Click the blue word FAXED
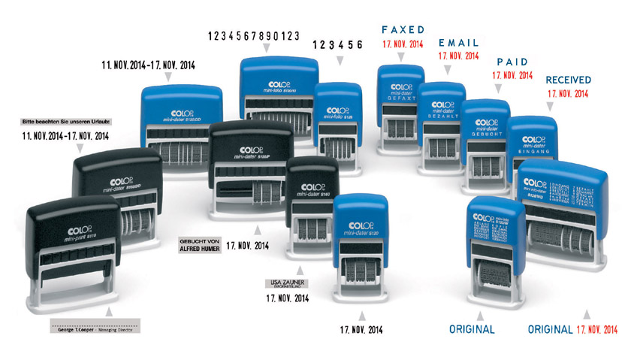[x=403, y=29]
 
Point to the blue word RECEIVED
[x=568, y=80]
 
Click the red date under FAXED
[x=403, y=44]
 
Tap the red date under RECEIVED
[x=568, y=93]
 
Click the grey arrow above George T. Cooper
[x=110, y=310]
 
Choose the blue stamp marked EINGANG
[x=533, y=147]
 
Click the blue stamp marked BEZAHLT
[x=442, y=116]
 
